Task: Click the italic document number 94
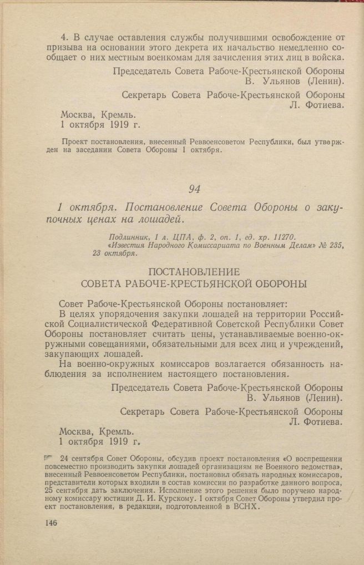(194, 189)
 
